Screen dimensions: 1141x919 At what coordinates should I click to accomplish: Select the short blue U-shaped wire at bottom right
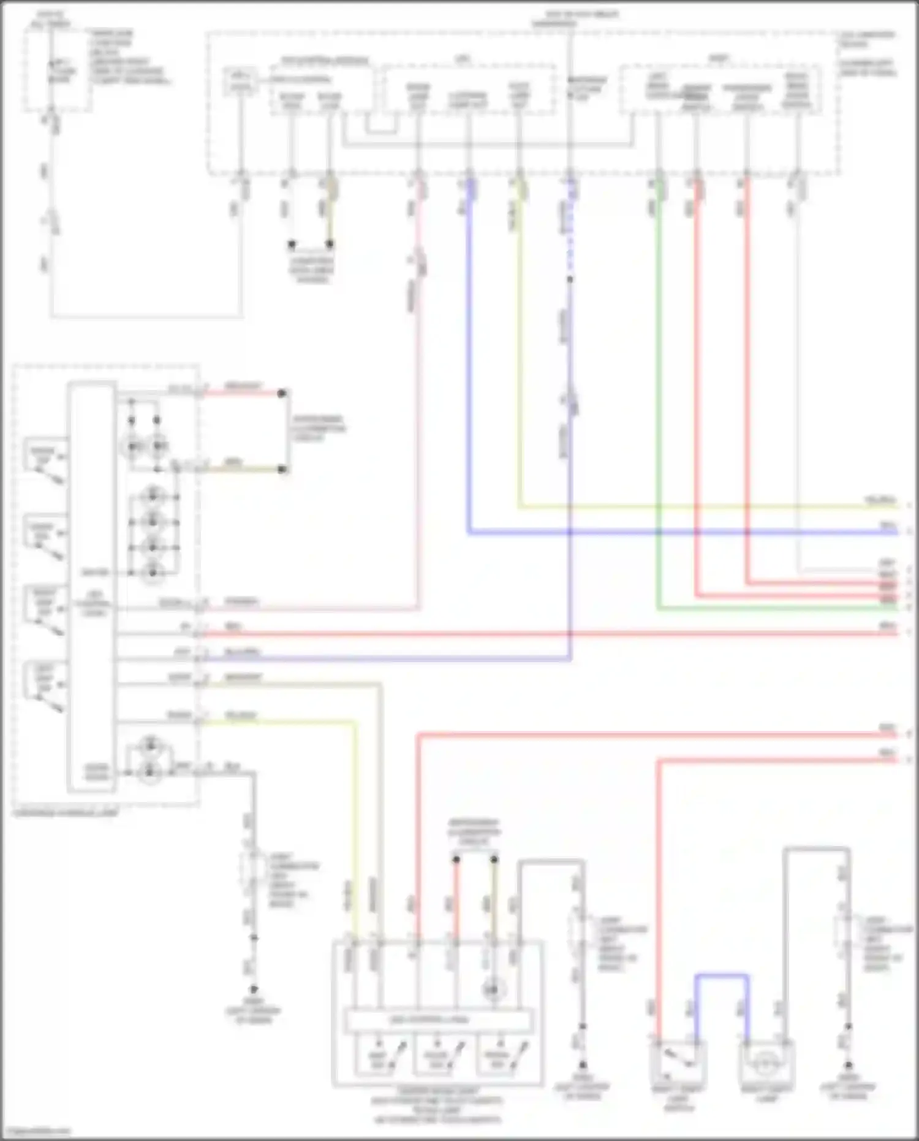pyautogui.click(x=722, y=975)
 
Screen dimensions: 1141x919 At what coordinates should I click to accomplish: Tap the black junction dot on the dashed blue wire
pyautogui.click(x=570, y=280)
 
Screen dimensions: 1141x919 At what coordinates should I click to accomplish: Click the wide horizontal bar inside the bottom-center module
pyautogui.click(x=437, y=1021)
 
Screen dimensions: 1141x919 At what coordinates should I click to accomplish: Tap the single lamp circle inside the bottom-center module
pyautogui.click(x=493, y=989)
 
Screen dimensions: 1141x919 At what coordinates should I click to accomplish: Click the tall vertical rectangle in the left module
pyautogui.click(x=92, y=586)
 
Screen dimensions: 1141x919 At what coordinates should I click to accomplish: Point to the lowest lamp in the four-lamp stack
pyautogui.click(x=152, y=573)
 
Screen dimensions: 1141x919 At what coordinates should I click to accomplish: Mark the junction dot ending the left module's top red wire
pyautogui.click(x=282, y=393)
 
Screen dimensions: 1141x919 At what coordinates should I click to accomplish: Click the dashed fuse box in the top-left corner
pyautogui.click(x=58, y=71)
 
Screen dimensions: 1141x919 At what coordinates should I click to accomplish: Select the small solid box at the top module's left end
pyautogui.click(x=240, y=82)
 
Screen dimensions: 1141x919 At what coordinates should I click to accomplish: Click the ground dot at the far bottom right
pyautogui.click(x=849, y=1066)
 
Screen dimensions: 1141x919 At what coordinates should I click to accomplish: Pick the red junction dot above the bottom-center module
pyautogui.click(x=456, y=860)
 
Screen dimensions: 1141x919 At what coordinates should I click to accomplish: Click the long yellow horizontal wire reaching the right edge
pyautogui.click(x=705, y=507)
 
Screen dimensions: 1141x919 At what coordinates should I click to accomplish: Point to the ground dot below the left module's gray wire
pyautogui.click(x=253, y=990)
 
